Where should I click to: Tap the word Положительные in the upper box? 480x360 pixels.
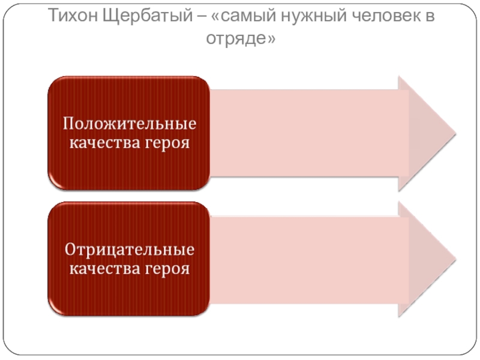pos(130,124)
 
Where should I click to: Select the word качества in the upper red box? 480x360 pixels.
pos(104,143)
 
